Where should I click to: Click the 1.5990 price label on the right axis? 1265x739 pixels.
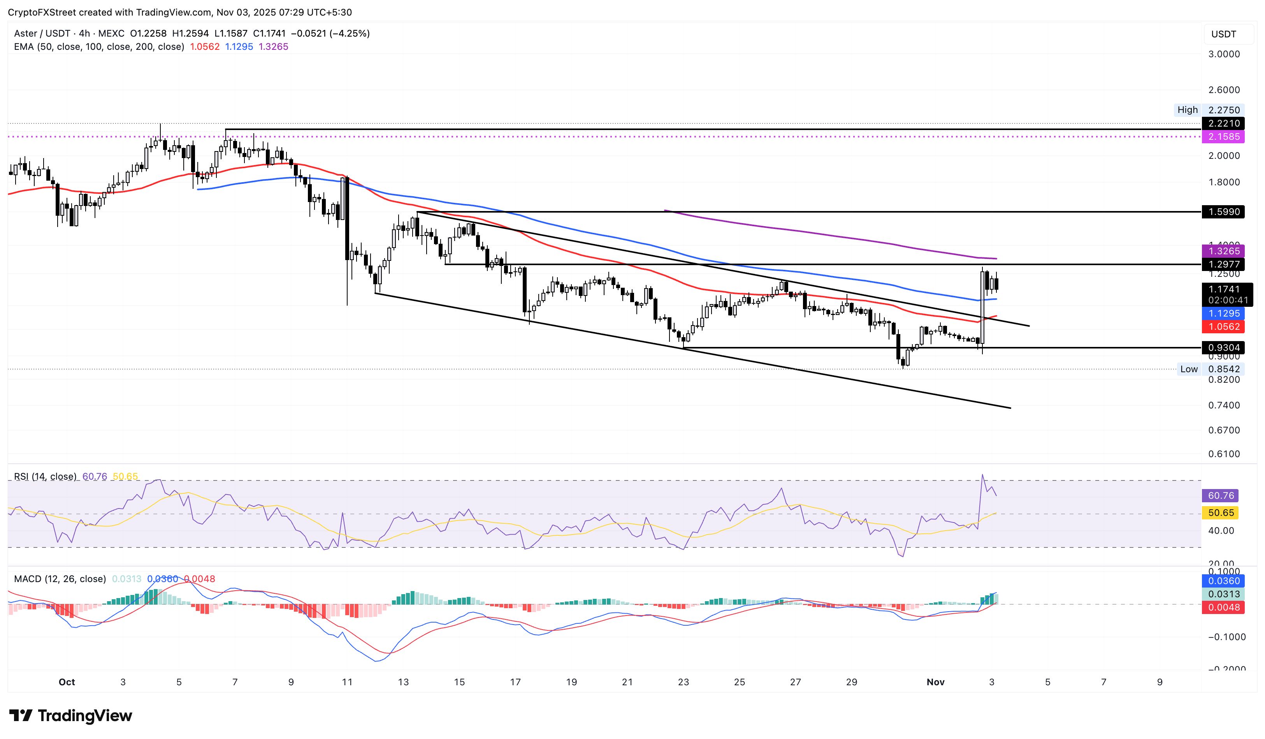point(1223,212)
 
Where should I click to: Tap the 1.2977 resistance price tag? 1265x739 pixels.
point(1223,265)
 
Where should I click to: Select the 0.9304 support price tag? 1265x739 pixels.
point(1223,347)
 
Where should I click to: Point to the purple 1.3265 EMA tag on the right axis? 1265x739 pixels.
point(1223,251)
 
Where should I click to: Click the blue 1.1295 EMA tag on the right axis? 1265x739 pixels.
point(1223,313)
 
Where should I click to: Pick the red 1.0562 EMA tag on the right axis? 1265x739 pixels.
point(1223,326)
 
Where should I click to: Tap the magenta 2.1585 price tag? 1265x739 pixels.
point(1223,137)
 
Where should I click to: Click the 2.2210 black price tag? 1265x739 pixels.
point(1223,123)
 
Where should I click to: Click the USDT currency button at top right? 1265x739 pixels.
point(1223,34)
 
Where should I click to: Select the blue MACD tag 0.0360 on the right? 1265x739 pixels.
point(1223,581)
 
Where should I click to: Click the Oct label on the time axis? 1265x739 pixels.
point(67,682)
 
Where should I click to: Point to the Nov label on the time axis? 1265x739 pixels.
point(935,682)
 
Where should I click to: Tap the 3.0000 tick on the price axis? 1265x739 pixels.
point(1223,54)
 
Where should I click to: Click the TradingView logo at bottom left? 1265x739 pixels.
point(71,715)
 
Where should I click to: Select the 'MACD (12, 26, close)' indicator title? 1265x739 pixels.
point(60,579)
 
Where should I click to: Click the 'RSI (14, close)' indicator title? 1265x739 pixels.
point(45,477)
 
